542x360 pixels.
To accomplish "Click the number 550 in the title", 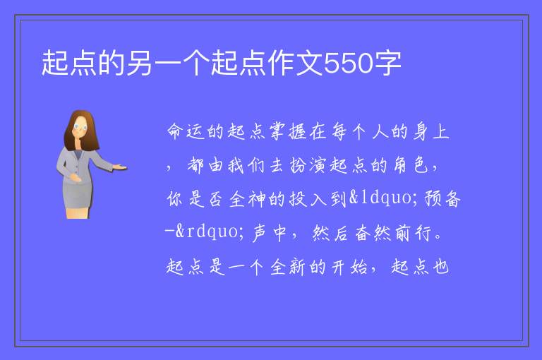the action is click(349, 64).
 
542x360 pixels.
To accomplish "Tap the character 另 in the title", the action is click(139, 64).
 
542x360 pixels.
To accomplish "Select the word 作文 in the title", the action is click(296, 64).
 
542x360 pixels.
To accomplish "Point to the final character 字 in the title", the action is click(387, 64).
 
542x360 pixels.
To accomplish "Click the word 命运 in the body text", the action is click(186, 131).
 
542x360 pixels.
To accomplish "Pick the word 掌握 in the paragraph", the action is click(288, 131).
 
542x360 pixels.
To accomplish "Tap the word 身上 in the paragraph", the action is click(431, 131).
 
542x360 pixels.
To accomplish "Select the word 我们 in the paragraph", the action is click(247, 165).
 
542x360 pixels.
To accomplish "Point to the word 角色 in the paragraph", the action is click(411, 165).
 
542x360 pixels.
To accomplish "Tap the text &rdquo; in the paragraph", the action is click(210, 232).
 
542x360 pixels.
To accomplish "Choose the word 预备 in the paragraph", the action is click(442, 198).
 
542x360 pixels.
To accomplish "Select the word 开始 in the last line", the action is click(349, 267).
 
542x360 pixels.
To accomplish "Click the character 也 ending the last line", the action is click(441, 267).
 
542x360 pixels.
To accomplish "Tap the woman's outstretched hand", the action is click(120, 168).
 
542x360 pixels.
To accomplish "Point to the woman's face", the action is click(80, 128).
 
